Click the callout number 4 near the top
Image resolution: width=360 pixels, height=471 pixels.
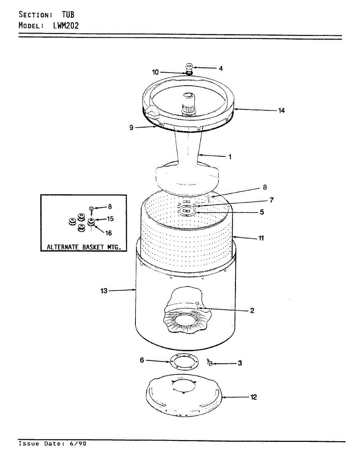221,68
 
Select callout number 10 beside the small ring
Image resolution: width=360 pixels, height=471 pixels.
155,72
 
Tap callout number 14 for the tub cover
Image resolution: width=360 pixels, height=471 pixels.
281,111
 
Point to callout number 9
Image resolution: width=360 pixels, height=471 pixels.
132,128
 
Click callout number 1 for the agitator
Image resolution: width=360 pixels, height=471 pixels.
230,157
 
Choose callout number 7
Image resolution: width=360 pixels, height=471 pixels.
271,200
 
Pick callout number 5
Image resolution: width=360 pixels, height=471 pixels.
262,212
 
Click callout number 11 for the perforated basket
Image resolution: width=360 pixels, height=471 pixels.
261,238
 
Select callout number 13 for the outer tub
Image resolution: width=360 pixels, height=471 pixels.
104,291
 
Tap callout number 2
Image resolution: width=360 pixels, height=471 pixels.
252,311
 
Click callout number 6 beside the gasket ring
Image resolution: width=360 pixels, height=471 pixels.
142,360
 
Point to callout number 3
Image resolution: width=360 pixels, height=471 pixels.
239,363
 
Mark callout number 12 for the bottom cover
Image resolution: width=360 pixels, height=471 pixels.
254,397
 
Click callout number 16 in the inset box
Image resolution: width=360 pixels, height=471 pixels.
108,233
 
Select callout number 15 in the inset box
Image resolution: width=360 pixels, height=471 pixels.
110,219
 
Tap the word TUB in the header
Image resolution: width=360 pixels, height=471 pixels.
68,15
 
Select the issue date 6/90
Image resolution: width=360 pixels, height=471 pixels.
79,444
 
